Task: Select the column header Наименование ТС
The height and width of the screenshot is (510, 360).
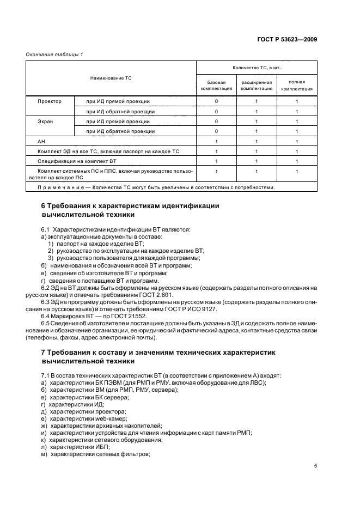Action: pos(111,78)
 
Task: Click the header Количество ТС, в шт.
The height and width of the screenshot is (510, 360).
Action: pos(256,68)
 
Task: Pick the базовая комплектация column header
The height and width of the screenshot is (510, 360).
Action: pos(216,85)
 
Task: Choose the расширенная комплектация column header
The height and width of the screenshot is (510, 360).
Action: pos(257,85)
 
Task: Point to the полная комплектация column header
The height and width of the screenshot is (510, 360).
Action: pos(297,85)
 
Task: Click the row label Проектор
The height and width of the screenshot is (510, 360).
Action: pos(49,101)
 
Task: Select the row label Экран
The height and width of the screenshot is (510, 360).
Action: pos(46,121)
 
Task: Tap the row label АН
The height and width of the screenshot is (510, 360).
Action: pos(41,141)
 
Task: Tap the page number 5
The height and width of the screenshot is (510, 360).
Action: pos(315,466)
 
